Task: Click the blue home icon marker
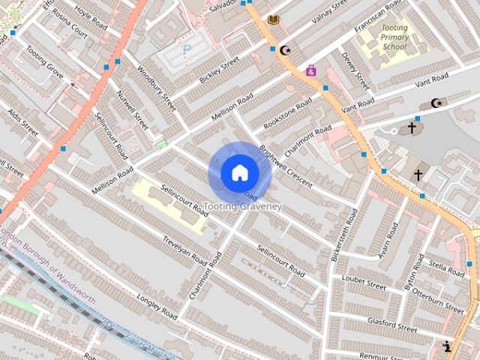tap(239, 173)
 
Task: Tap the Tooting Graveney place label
tap(242, 206)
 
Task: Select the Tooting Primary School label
tap(394, 37)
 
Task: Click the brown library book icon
tap(274, 19)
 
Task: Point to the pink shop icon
tap(310, 70)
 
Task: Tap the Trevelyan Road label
tap(184, 248)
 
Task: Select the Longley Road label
tap(156, 305)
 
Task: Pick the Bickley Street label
tap(219, 70)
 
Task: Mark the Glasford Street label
tap(392, 324)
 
